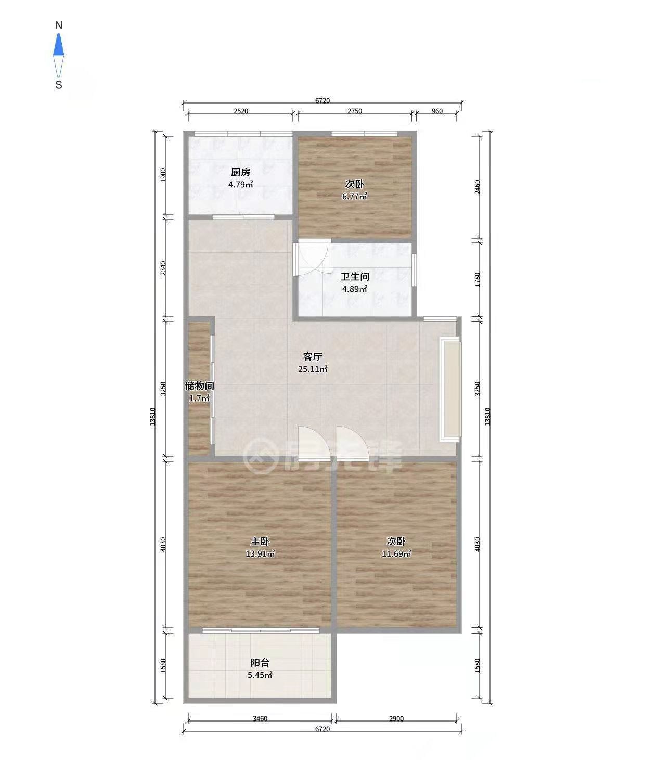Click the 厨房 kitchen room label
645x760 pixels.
pos(240,172)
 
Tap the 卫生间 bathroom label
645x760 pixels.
pos(355,277)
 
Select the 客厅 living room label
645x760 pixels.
pos(313,357)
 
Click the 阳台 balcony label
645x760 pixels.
pos(260,673)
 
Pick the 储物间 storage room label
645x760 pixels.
pos(199,385)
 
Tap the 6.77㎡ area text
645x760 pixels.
pos(355,196)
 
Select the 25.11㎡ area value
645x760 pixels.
pos(313,369)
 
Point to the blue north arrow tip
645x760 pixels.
pos(58,34)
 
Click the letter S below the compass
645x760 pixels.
pos(58,85)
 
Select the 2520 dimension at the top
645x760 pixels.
pos(241,111)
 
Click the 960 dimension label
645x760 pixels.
pos(437,111)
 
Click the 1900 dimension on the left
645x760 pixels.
pos(163,175)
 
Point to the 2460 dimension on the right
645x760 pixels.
pos(477,187)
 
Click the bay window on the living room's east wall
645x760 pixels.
pos(450,389)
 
